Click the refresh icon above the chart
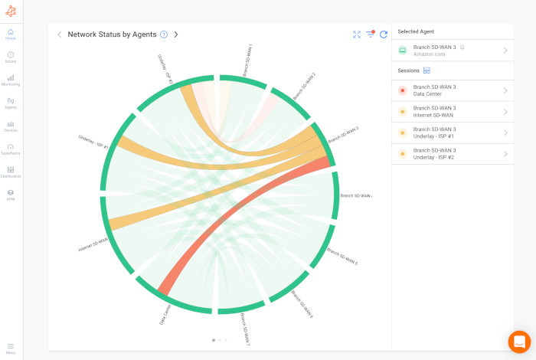coord(384,34)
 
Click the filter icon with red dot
coord(370,34)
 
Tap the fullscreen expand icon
coord(357,34)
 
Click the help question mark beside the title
coord(164,34)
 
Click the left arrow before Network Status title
coord(60,34)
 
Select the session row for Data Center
coord(452,90)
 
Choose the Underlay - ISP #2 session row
coord(452,154)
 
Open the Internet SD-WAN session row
coord(452,112)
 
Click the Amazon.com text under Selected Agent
coord(428,54)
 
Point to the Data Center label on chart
coord(165,314)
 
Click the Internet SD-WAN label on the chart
coord(93,245)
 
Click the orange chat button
coord(519,342)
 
